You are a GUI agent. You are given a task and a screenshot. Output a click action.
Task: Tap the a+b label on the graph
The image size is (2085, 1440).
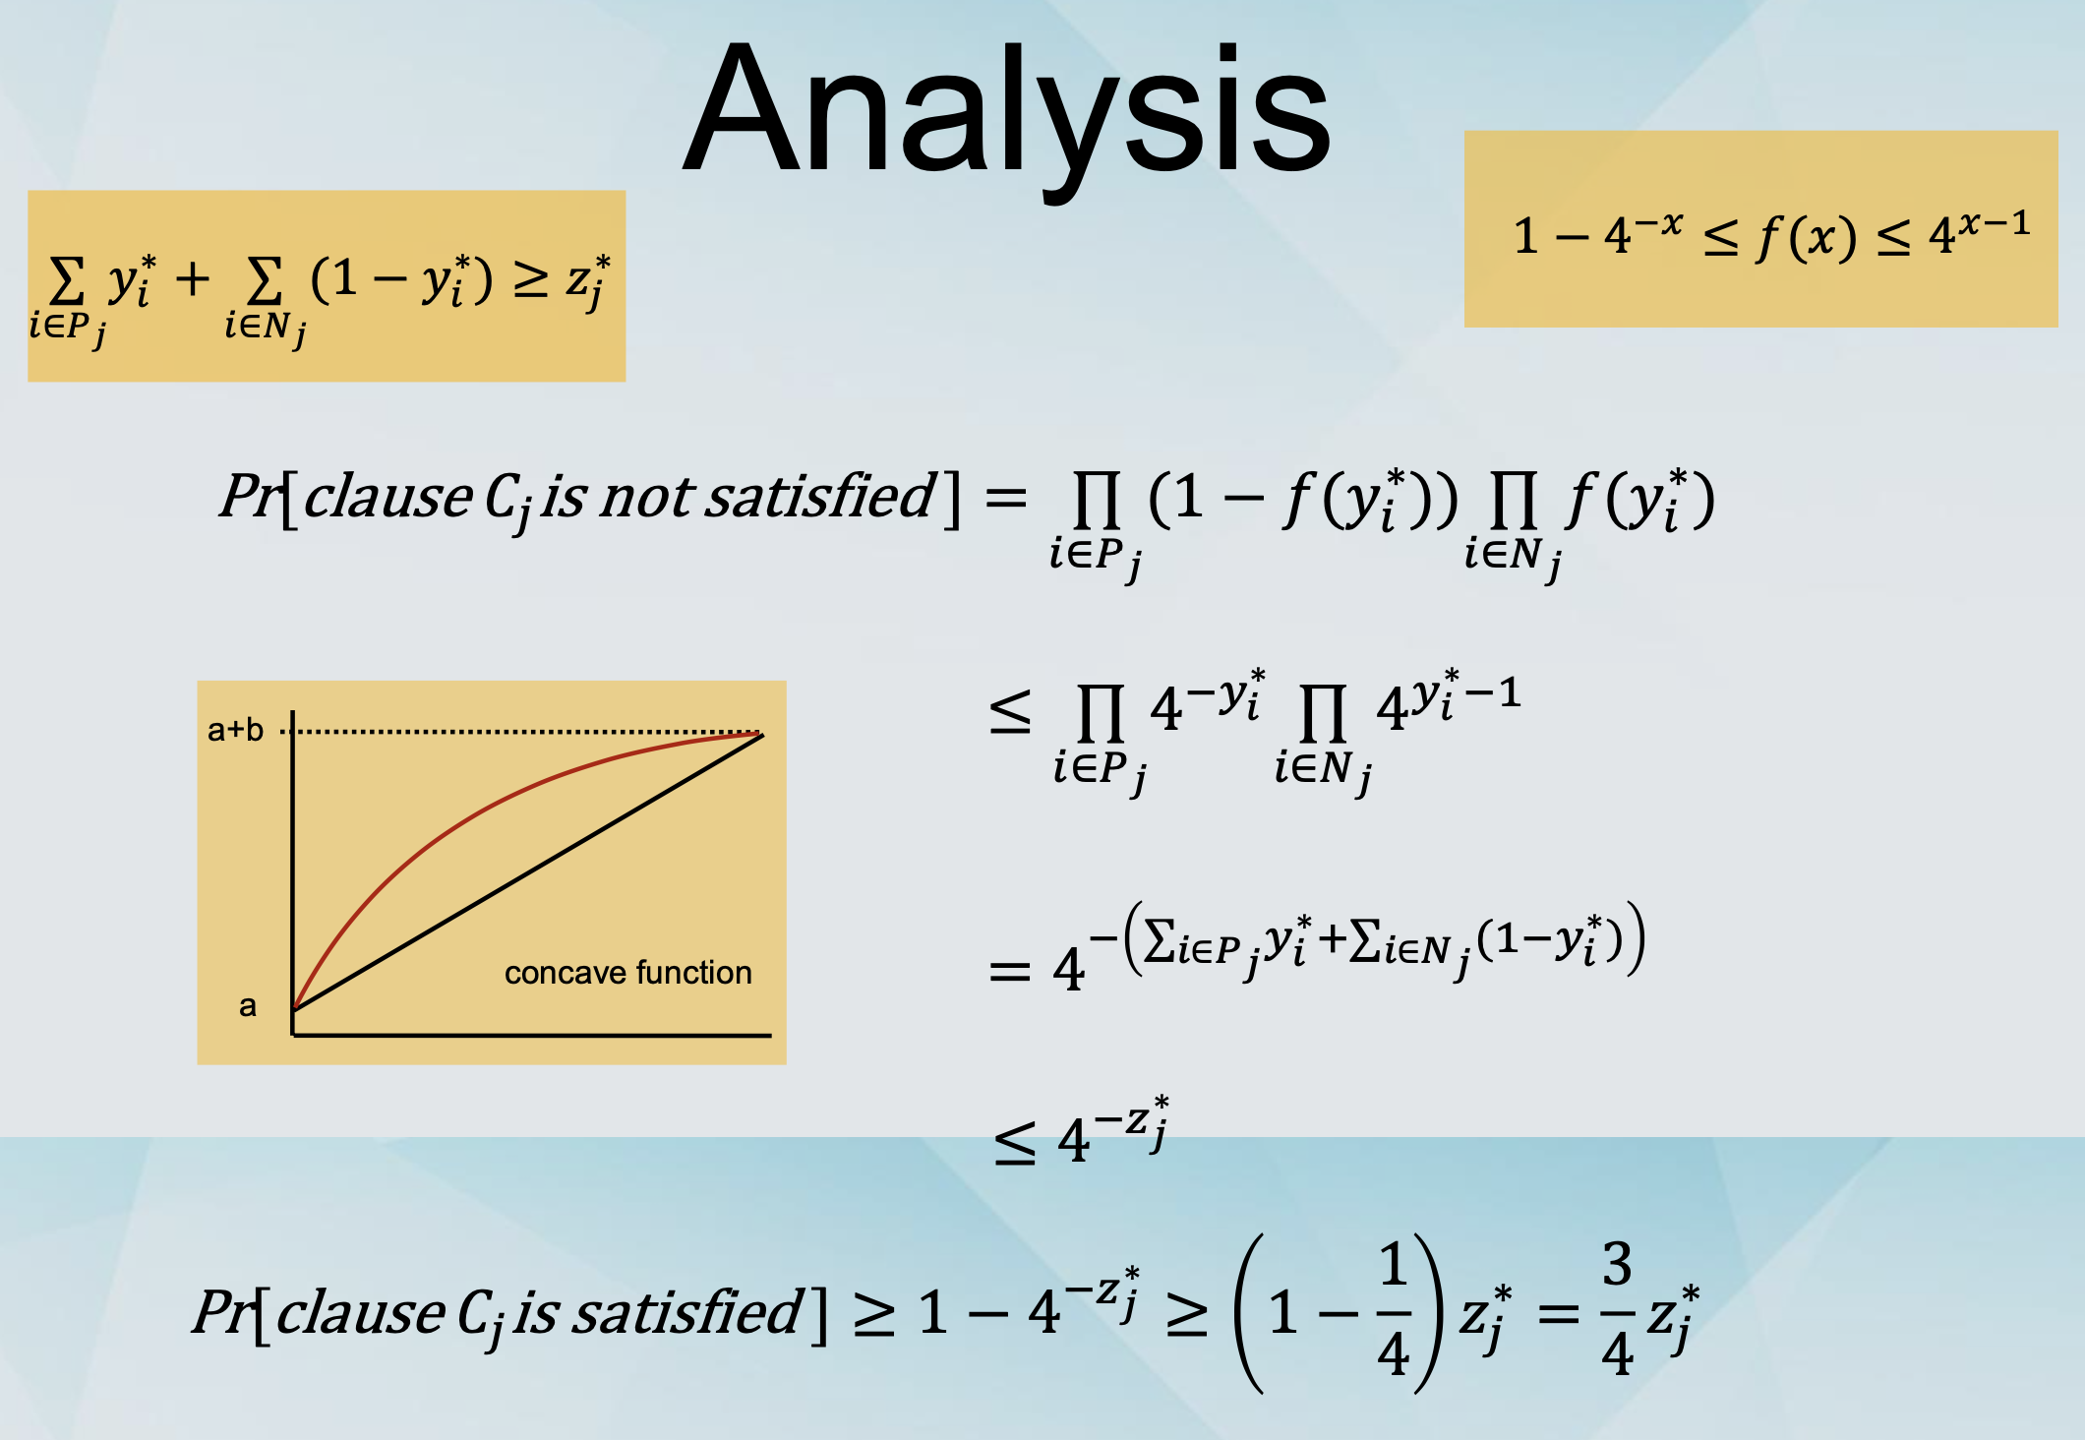(x=235, y=730)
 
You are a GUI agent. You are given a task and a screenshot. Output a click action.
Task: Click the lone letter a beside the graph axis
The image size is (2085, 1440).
(x=248, y=1005)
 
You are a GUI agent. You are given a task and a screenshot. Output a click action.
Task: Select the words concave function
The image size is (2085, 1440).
(x=627, y=973)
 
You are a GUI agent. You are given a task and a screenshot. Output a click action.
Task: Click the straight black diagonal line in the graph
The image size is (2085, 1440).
(x=528, y=872)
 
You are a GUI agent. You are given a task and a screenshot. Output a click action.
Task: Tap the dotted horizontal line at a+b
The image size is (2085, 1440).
(x=521, y=732)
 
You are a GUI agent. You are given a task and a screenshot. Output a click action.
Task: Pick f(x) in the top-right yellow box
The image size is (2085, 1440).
(x=1807, y=237)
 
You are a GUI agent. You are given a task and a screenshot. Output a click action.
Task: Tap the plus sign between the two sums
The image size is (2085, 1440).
(x=193, y=279)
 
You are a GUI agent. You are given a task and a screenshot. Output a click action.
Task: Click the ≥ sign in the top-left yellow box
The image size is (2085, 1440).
(x=531, y=281)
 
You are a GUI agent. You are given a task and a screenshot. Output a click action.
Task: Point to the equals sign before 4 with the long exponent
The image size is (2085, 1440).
(x=1009, y=972)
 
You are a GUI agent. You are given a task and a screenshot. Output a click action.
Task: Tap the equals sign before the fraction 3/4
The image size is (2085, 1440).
(x=1559, y=1313)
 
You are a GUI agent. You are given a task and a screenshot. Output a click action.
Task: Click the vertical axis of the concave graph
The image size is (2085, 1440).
(x=292, y=872)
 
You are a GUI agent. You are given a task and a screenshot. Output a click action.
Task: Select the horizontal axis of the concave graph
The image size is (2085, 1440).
(x=531, y=1035)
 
